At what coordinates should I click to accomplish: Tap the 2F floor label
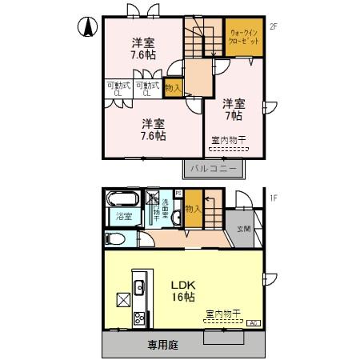(273, 26)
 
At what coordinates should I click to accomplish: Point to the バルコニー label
(214, 168)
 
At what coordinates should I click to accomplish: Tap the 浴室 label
(124, 217)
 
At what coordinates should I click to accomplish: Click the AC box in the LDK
(254, 322)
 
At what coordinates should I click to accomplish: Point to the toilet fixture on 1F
(115, 238)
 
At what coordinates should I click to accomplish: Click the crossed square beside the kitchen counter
(124, 300)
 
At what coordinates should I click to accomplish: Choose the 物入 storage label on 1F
(192, 210)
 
